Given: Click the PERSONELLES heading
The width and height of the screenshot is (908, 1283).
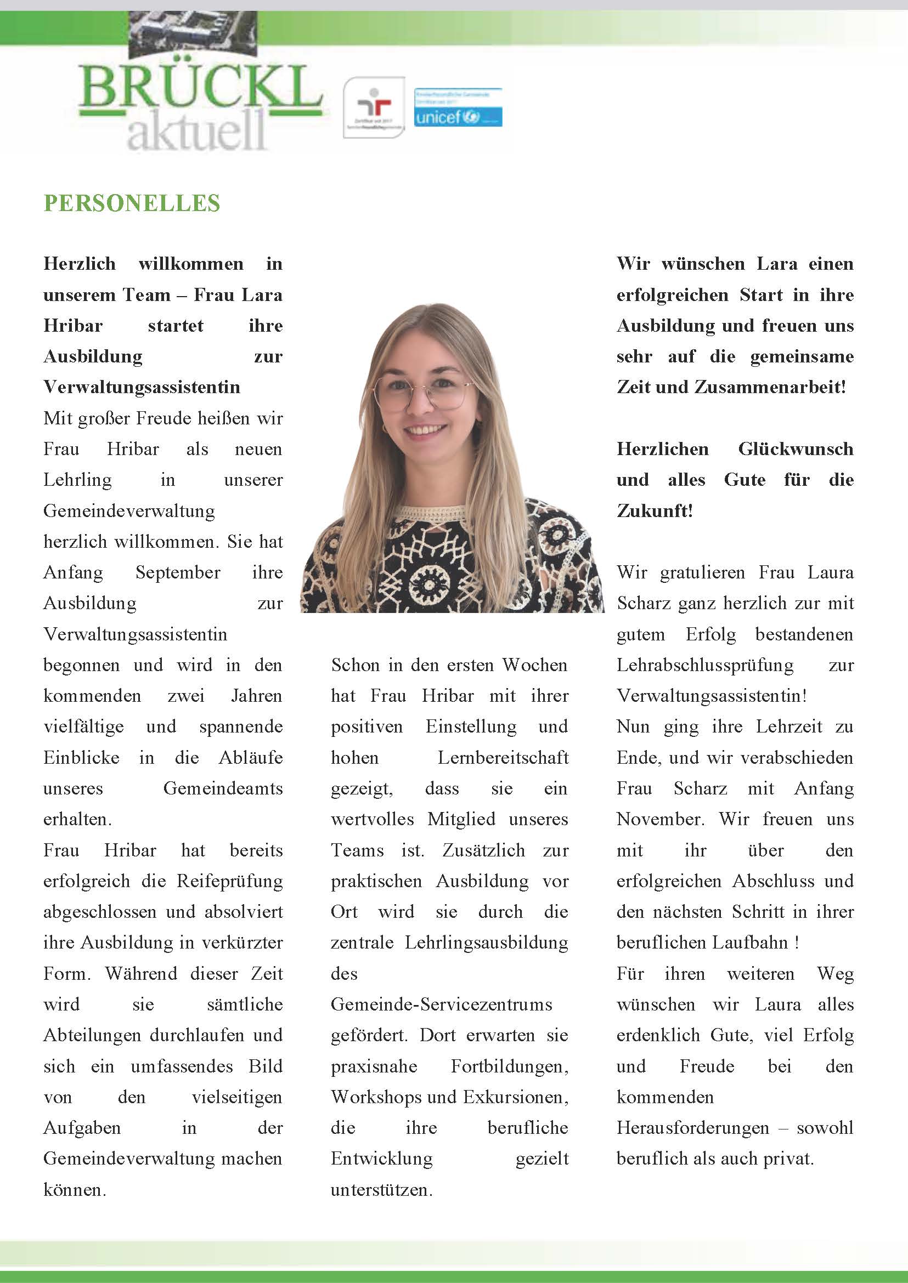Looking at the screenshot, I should point(132,203).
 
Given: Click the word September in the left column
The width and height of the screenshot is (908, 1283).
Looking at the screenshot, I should point(178,573).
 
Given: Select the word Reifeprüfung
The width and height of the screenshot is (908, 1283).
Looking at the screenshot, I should point(229,881).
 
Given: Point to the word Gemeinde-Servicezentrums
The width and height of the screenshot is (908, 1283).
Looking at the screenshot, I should point(441,1004).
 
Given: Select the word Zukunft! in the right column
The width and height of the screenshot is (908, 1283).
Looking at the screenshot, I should point(655,511).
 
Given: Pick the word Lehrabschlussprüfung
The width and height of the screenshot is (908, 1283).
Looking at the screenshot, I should point(705,666).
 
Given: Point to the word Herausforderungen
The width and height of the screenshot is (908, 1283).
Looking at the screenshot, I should point(693,1128).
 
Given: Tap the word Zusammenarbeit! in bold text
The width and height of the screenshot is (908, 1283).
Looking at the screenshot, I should point(770,387).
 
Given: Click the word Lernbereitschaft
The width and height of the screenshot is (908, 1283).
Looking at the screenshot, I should point(503,758).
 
